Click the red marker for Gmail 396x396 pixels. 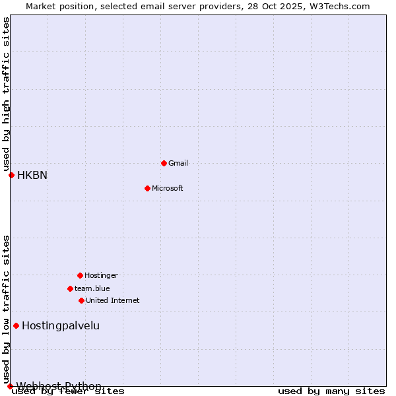[164, 163]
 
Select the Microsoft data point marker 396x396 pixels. [147, 188]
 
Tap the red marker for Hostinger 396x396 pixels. [80, 275]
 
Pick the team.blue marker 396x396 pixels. [70, 288]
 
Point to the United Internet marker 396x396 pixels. [81, 300]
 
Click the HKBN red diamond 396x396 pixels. [11, 175]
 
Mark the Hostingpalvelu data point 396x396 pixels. [16, 325]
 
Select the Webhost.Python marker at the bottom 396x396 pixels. [10, 386]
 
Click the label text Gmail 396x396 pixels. [178, 163]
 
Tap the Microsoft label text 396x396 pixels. [167, 188]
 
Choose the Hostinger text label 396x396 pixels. [101, 275]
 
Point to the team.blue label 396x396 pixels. [92, 288]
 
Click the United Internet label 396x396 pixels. [112, 300]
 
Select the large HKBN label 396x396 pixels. [32, 175]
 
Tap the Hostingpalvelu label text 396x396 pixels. [61, 325]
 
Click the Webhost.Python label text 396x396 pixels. [59, 386]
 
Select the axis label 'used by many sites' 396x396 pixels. [331, 391]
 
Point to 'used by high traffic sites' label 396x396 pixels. [6, 92]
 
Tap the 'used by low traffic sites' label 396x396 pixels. [6, 309]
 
